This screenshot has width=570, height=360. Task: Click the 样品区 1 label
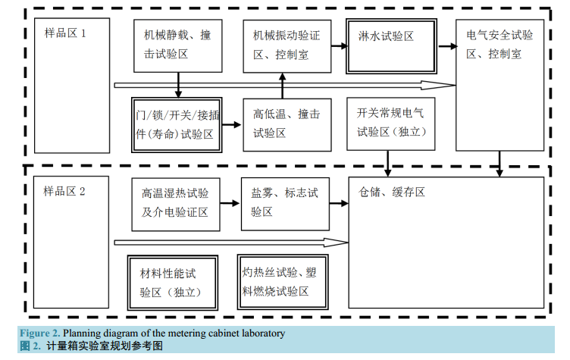tap(64, 34)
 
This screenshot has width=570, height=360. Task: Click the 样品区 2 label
tap(64, 191)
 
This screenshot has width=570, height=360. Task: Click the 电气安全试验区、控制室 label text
tap(500, 45)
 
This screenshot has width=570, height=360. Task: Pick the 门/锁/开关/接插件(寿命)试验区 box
tap(177, 124)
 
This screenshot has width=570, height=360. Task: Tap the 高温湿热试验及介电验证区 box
tap(176, 202)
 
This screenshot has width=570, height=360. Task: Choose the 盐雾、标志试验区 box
tap(285, 202)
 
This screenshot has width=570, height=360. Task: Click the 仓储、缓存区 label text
tap(392, 193)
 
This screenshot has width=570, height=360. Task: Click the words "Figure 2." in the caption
tap(39, 333)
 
